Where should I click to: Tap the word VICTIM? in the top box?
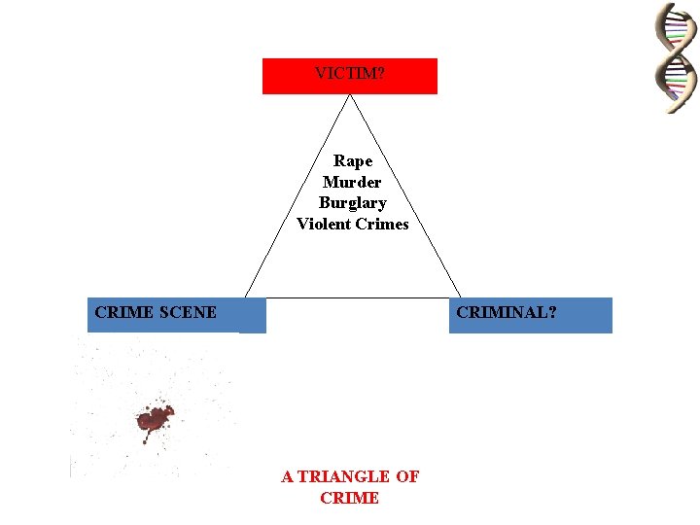(350, 73)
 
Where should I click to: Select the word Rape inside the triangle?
(353, 160)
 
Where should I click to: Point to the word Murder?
(352, 182)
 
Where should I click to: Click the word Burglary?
(352, 203)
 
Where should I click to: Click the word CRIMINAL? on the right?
(507, 313)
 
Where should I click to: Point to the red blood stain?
(155, 419)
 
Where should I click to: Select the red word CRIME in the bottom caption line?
(349, 498)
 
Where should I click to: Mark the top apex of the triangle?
(350, 94)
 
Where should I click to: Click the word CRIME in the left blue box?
(123, 313)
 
